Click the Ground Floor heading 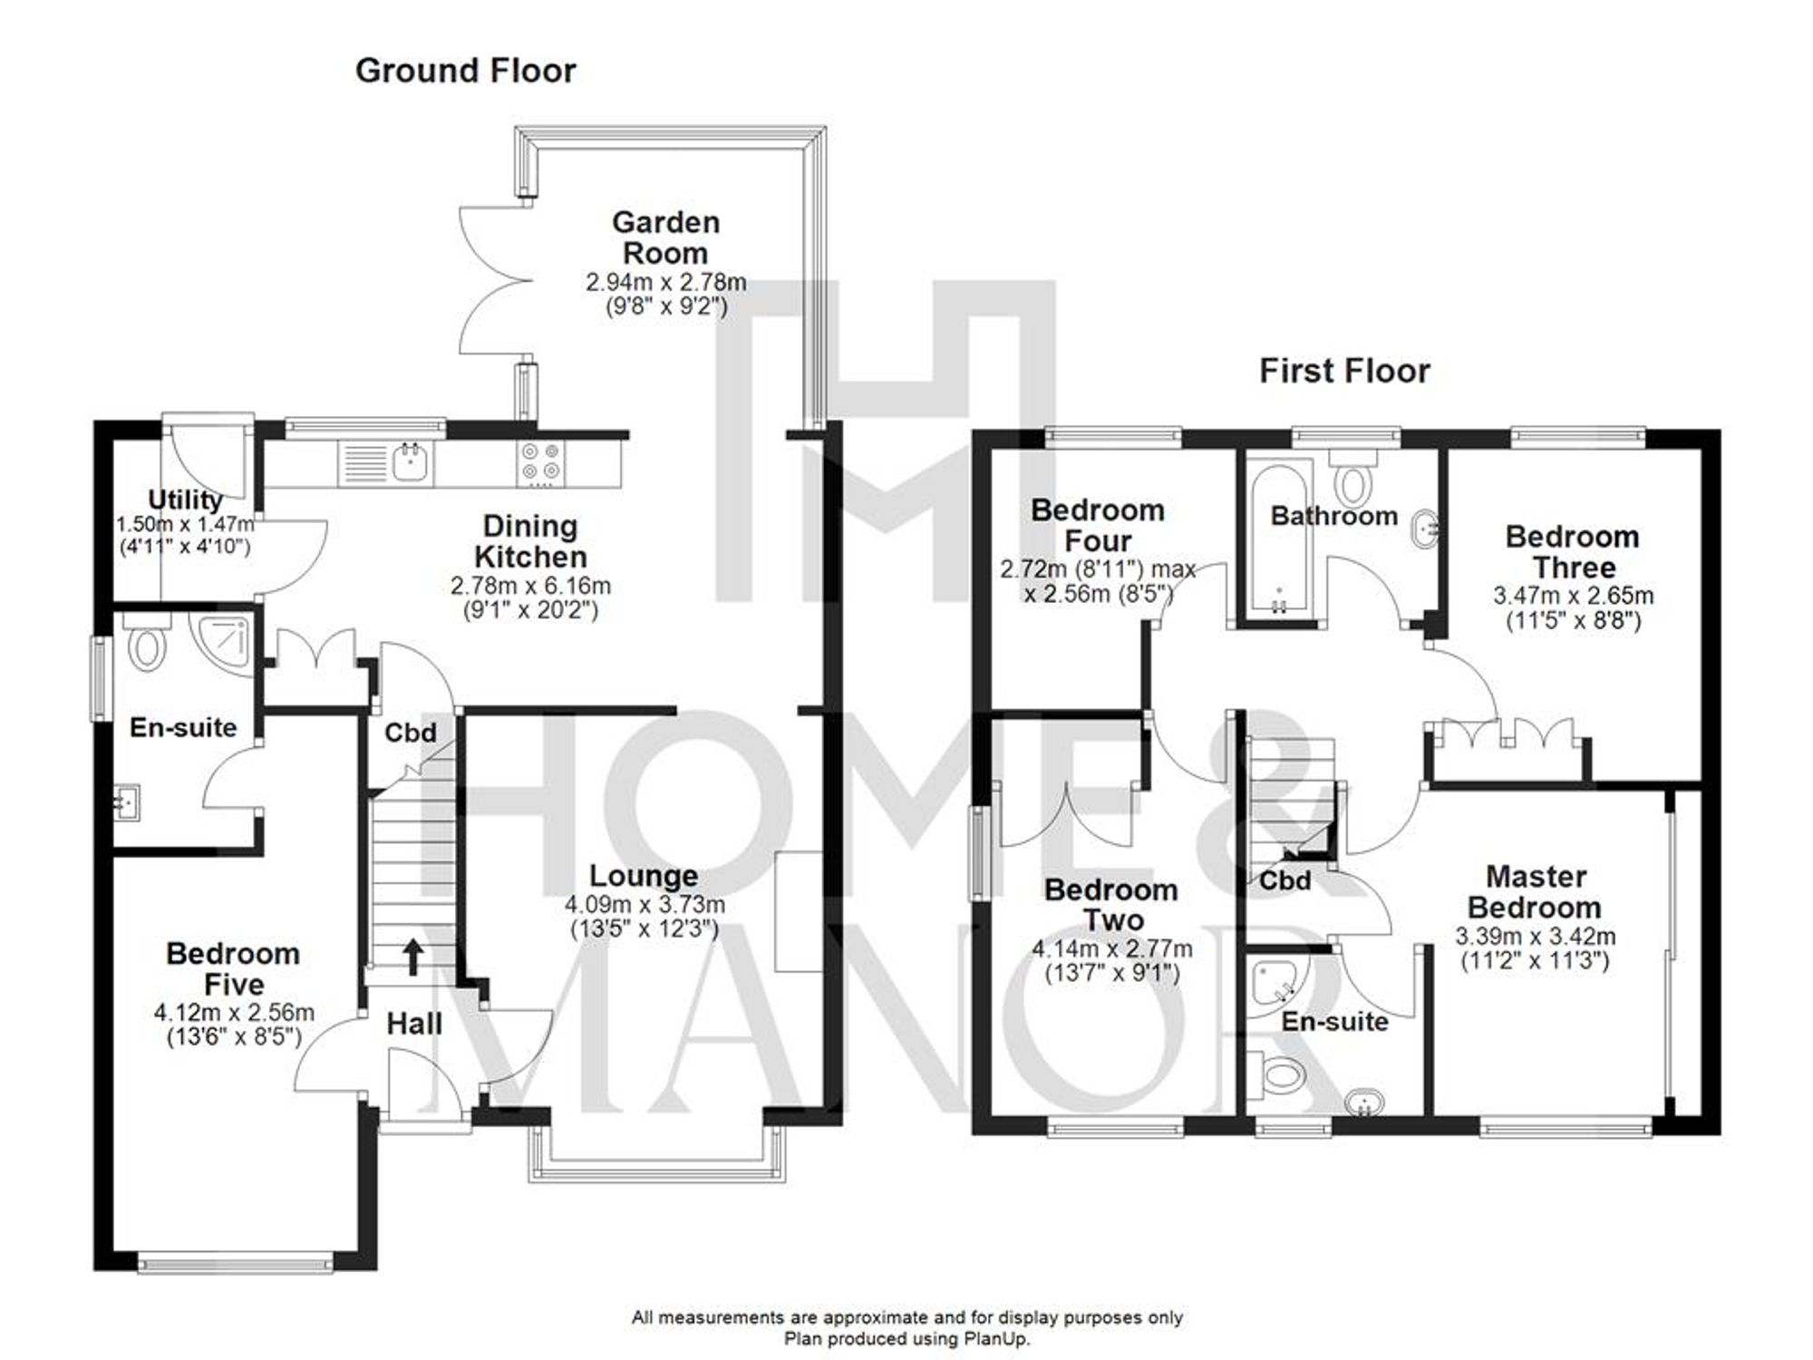pos(465,71)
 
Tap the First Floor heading pos(1344,371)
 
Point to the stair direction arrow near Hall pos(412,957)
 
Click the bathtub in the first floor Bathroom pos(1279,535)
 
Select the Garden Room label pos(665,238)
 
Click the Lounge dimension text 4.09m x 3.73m pos(645,905)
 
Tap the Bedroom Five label pos(233,968)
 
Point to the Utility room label pos(185,500)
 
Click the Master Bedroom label pos(1535,892)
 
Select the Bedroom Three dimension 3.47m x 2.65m pos(1573,597)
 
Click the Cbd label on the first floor pos(1285,880)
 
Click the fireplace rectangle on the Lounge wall pos(799,911)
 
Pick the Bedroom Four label pos(1097,525)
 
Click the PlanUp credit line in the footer pos(906,1339)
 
